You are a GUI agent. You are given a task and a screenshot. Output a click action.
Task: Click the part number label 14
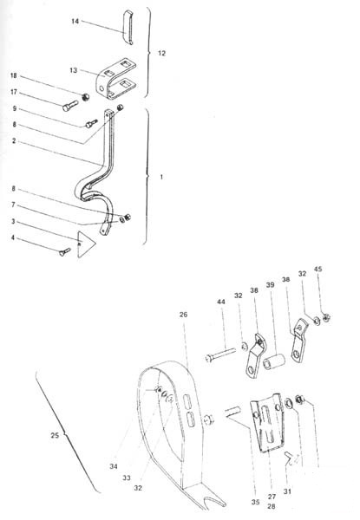(x=75, y=21)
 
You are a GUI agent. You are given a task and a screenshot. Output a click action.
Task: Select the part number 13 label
(x=74, y=70)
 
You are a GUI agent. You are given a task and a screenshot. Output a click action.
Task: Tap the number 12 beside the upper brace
(x=161, y=53)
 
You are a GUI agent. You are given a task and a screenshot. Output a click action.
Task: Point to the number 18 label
(x=14, y=75)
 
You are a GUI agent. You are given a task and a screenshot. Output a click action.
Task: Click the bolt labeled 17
(x=70, y=106)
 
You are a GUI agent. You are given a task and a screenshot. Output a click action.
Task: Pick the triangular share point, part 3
(x=85, y=244)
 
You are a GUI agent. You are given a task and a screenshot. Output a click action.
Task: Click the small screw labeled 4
(x=65, y=251)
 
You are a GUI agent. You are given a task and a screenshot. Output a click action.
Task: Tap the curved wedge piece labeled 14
(x=128, y=28)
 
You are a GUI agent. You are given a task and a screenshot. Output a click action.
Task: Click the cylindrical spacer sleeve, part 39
(x=274, y=361)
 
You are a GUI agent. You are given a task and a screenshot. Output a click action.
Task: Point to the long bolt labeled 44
(x=220, y=354)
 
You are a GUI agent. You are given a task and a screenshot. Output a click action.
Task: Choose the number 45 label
(x=317, y=269)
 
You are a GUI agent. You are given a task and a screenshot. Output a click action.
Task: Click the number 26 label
(x=184, y=315)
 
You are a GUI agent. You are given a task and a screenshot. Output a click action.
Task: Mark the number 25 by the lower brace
(x=55, y=435)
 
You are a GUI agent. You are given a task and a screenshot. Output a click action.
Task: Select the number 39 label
(x=270, y=285)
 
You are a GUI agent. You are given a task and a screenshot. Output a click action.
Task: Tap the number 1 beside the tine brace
(x=161, y=177)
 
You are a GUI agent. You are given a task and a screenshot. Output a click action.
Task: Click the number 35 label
(x=255, y=502)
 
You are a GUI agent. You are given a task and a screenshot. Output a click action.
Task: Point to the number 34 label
(x=114, y=466)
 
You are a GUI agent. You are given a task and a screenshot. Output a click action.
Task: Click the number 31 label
(x=287, y=491)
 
